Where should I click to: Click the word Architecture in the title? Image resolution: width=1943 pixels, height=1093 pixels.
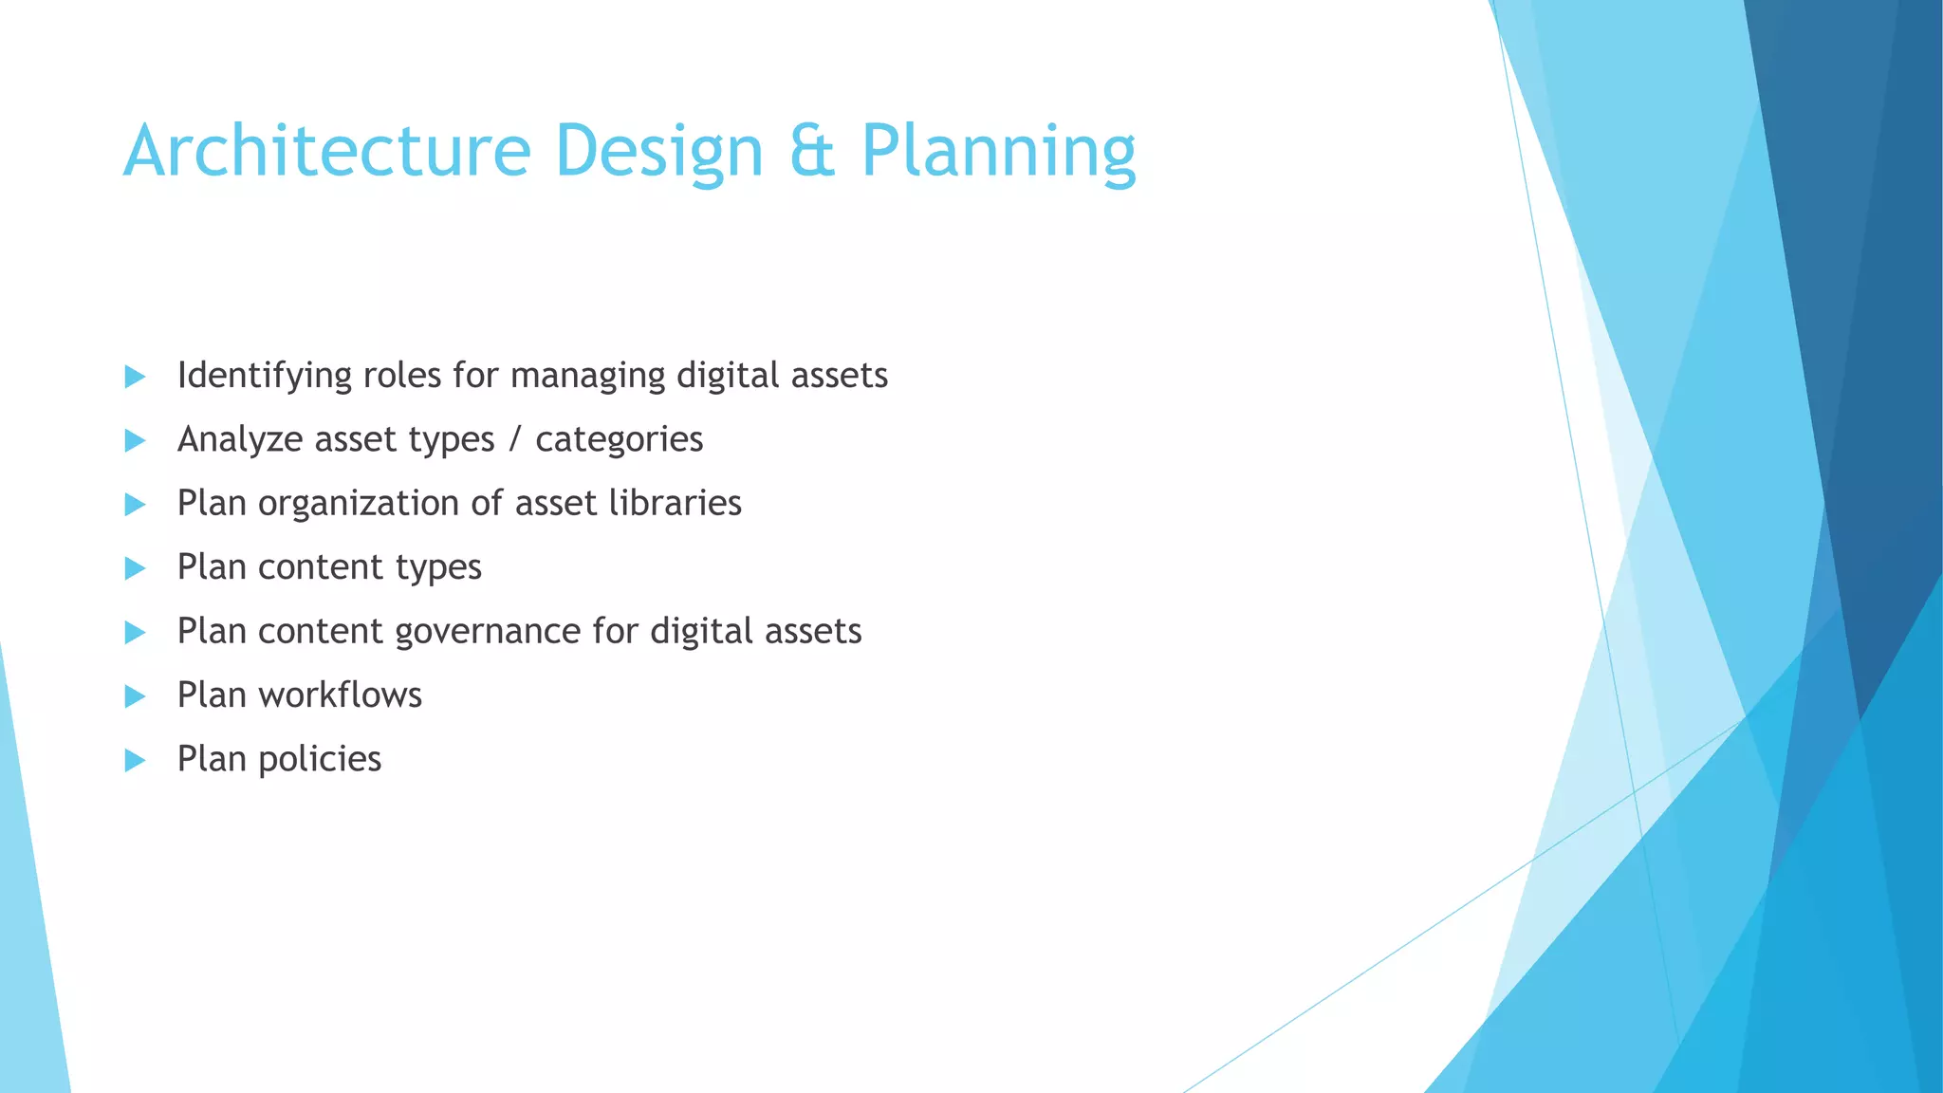326,151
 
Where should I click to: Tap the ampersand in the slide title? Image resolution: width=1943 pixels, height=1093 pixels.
812,151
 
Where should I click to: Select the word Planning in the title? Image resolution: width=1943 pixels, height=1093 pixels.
998,151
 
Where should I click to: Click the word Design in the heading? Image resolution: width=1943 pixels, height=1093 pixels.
658,151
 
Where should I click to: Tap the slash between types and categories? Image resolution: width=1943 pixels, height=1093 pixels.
515,439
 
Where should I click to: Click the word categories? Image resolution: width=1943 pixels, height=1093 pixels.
619,440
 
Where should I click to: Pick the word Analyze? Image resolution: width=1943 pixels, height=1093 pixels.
239,439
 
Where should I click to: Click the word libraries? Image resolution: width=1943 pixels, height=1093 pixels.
675,503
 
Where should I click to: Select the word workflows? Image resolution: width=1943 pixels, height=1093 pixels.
340,695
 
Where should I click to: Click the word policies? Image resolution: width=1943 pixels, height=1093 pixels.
319,759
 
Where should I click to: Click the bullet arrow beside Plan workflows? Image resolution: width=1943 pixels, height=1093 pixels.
135,696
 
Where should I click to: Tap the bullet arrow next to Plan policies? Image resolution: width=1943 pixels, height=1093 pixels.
135,760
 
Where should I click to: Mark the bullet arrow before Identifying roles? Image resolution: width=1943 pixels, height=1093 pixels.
135,377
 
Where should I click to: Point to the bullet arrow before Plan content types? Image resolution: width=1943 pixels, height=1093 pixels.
135,568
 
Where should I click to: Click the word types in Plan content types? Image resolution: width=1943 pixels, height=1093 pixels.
438,568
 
